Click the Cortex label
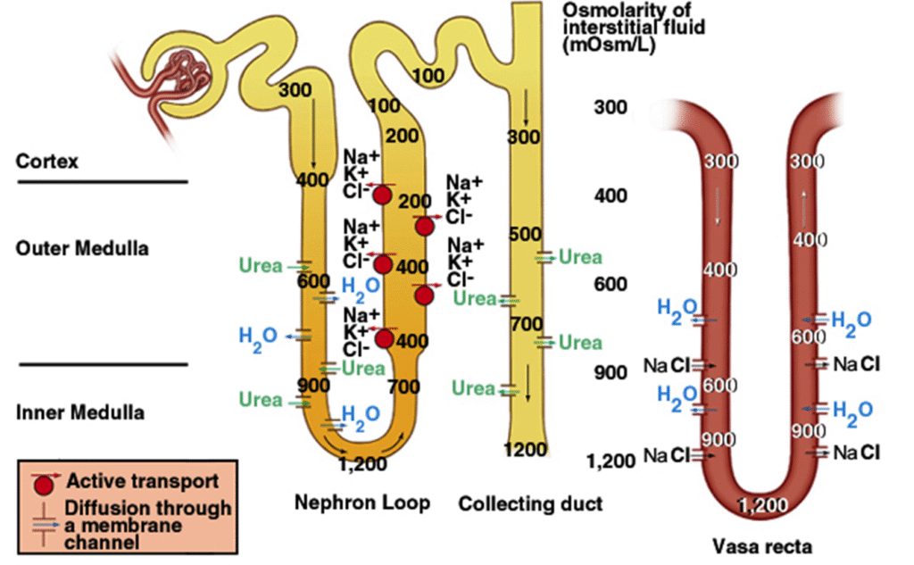pos(47,162)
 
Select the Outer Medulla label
pos(82,248)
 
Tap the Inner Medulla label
pos(80,413)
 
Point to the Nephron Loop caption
pos(362,503)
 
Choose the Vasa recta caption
pos(762,544)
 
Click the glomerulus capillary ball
pos(186,68)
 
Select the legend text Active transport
pos(143,481)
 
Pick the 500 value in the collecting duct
pos(524,234)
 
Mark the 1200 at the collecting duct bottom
pos(525,449)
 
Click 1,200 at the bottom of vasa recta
pos(764,506)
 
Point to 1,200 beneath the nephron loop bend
pos(364,463)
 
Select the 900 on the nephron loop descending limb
pos(314,386)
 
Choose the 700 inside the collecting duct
pos(526,322)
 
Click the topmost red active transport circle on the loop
pos(383,195)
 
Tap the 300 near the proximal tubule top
pos(295,90)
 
